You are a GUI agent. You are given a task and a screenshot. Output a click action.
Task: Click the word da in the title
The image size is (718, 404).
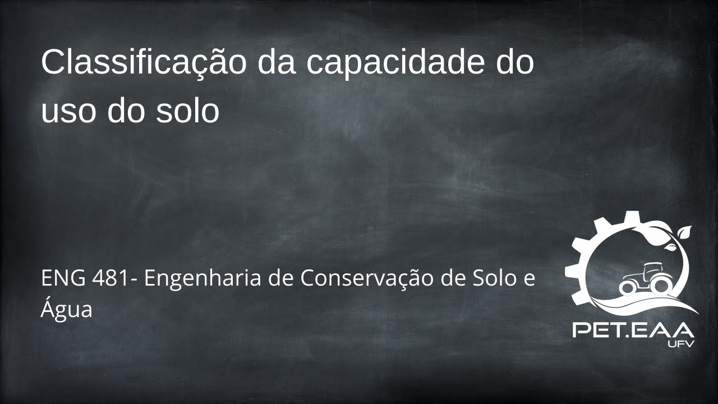click(x=278, y=63)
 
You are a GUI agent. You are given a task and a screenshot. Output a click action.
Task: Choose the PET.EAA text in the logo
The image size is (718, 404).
click(x=633, y=329)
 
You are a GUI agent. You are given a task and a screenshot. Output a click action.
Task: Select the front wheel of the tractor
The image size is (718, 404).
click(x=628, y=288)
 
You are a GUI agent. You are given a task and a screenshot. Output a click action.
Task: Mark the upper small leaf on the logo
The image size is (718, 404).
click(x=685, y=230)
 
